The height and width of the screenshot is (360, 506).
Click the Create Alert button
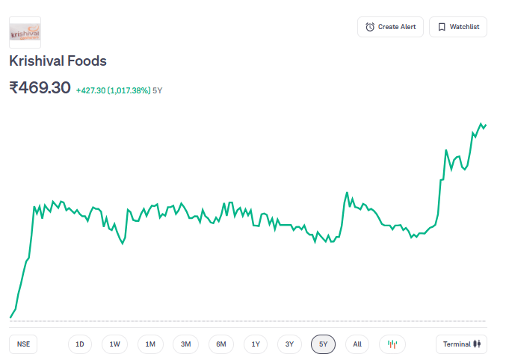pos(391,27)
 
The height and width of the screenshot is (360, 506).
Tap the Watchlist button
pos(458,27)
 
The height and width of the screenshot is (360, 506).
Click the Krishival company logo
pos(25,33)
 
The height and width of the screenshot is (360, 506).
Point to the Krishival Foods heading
pos(58,61)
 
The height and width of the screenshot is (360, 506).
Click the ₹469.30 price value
pos(40,87)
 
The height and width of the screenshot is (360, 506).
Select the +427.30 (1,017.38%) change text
pos(112,90)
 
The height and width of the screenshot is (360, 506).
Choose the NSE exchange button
pos(24,344)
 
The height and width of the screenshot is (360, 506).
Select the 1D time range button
pos(80,344)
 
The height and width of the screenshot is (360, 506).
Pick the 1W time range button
pos(115,344)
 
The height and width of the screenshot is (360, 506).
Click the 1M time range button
pos(150,344)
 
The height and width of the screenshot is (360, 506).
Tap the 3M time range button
pos(186,344)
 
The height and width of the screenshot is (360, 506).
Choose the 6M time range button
pos(221,344)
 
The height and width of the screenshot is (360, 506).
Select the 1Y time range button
pos(256,344)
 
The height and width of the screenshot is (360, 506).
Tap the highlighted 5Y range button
pos(323,344)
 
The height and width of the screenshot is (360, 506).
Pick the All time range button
pos(357,344)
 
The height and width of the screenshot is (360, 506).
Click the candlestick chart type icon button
pos(392,344)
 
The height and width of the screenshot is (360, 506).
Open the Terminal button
pos(461,344)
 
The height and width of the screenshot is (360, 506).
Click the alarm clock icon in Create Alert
pos(370,27)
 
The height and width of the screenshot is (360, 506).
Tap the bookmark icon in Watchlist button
pos(442,27)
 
